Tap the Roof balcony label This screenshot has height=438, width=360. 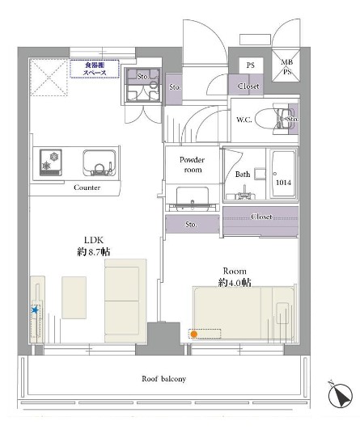(164, 378)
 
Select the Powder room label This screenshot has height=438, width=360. (192, 165)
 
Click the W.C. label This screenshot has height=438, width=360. (245, 120)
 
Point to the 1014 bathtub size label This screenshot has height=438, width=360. (282, 183)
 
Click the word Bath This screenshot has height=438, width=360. (243, 174)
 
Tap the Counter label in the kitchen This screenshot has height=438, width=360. (87, 187)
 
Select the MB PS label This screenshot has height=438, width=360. (286, 66)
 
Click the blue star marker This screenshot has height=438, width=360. (35, 310)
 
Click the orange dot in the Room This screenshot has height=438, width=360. (193, 333)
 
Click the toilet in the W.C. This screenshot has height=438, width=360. (270, 119)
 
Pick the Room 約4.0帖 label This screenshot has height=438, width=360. (234, 276)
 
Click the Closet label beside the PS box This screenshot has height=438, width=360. (248, 85)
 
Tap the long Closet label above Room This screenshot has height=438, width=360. (261, 217)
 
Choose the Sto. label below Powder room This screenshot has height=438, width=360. (192, 224)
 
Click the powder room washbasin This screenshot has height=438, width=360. (192, 197)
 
